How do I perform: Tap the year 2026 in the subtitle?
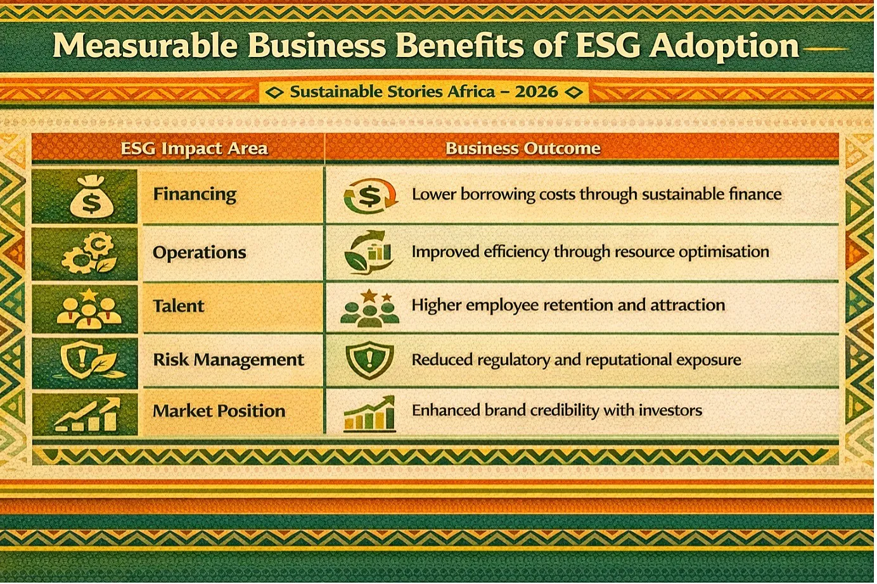coord(536,92)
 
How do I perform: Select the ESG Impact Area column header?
coord(194,148)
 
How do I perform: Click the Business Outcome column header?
coord(523,148)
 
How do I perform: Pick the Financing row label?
coord(195,194)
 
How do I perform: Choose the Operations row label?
coord(199,253)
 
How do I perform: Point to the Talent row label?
coord(179,306)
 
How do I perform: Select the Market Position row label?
coord(219,410)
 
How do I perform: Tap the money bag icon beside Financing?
coord(91,197)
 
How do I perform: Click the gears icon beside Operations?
coord(89,253)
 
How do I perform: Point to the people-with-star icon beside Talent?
coord(89,308)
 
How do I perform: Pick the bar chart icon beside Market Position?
coord(87,415)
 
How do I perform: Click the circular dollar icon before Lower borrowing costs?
coord(370,195)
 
